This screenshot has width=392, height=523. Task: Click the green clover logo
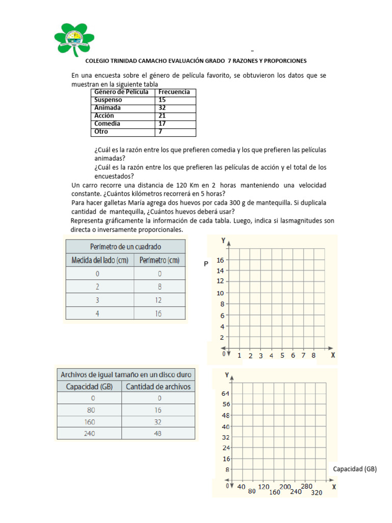click(x=74, y=38)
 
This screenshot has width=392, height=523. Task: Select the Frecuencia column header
click(x=175, y=92)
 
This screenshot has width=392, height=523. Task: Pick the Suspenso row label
click(x=108, y=100)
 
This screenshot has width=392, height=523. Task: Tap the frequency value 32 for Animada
click(x=162, y=108)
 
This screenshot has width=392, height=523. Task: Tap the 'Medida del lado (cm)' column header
click(x=100, y=260)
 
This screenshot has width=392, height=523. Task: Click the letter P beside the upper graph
click(x=206, y=264)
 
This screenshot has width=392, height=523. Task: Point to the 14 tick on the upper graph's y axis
click(x=220, y=271)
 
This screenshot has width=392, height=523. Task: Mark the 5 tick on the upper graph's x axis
click(x=282, y=355)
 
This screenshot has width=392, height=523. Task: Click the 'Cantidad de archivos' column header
click(x=158, y=387)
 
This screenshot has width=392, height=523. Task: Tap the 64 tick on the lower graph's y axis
click(x=226, y=394)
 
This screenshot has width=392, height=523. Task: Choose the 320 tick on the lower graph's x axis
click(x=316, y=493)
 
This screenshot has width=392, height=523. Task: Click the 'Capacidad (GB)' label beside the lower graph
click(x=355, y=469)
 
